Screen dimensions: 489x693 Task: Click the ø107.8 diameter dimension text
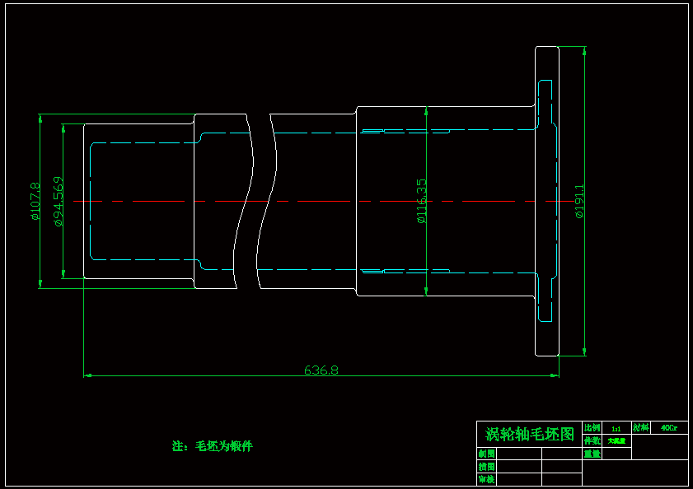(x=35, y=202)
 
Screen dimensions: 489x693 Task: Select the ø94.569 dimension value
(x=58, y=201)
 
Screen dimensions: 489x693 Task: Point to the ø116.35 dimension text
(x=421, y=201)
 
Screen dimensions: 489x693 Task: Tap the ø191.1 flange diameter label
(x=579, y=201)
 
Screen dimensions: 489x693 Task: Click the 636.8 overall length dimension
(x=321, y=370)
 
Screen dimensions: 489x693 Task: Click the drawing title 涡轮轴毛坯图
(x=529, y=434)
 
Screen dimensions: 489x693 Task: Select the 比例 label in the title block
(x=592, y=428)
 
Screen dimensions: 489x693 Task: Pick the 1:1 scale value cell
(x=616, y=428)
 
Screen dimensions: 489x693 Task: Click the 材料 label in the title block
(x=640, y=428)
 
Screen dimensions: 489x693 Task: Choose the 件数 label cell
(x=592, y=440)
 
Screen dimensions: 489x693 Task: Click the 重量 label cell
(x=592, y=453)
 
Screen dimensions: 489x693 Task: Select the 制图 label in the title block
(x=486, y=454)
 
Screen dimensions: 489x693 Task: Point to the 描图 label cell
(x=486, y=466)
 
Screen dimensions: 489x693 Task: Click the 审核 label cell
(x=486, y=478)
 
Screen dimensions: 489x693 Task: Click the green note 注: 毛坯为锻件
(x=212, y=446)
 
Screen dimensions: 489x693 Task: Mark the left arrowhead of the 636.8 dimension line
(x=87, y=375)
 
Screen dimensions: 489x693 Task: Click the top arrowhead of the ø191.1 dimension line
(x=584, y=49)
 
